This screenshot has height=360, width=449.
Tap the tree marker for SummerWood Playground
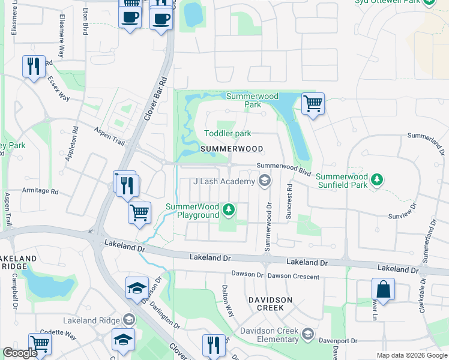[228, 209]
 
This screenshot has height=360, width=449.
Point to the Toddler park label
[228, 133]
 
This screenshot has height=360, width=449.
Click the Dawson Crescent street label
[294, 275]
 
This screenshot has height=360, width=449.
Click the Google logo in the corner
[20, 353]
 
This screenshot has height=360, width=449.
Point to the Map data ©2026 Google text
[411, 355]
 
